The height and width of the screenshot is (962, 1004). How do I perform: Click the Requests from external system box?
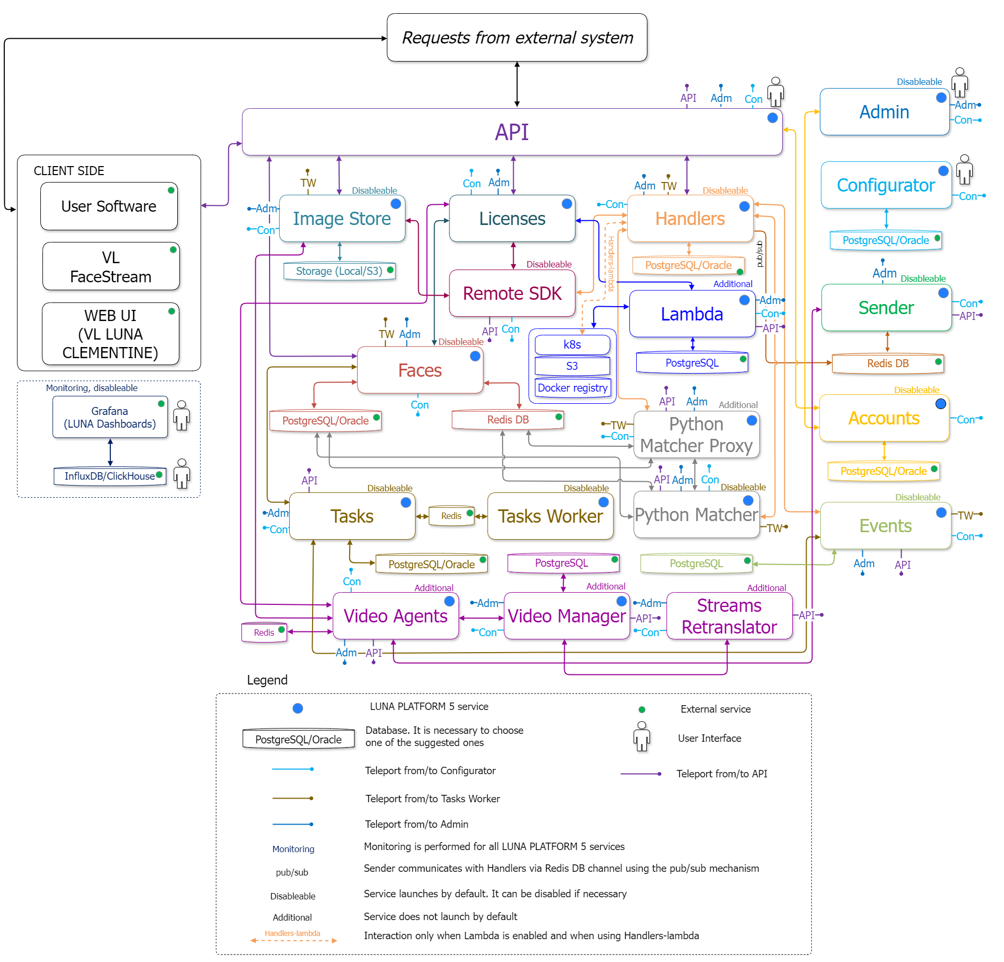point(517,38)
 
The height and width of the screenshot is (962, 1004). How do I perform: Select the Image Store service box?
point(342,219)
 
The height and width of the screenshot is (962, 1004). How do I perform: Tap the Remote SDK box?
point(512,293)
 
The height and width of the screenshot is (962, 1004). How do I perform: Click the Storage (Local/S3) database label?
point(339,271)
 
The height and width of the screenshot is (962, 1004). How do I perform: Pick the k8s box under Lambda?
point(572,345)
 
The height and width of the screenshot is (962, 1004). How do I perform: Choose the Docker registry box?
point(572,388)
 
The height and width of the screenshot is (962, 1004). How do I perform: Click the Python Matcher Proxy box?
point(696,435)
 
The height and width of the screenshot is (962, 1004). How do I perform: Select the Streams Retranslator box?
point(729,616)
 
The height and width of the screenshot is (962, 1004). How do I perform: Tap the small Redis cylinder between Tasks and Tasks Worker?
point(451,516)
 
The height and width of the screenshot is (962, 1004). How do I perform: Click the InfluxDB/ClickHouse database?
point(110,476)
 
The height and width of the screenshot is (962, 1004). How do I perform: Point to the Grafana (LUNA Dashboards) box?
point(110,417)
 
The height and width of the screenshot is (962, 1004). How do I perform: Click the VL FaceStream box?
point(111,267)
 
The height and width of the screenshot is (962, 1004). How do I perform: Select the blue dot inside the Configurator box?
point(943,171)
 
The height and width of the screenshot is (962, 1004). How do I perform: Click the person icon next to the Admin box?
point(959,82)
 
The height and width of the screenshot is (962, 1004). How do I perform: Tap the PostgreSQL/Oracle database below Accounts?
point(884,471)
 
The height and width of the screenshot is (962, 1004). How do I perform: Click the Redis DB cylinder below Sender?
point(888,363)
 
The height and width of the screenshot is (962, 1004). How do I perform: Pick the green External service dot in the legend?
point(642,709)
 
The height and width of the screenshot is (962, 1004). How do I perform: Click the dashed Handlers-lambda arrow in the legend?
point(293,940)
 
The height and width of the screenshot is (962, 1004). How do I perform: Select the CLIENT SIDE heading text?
point(69,171)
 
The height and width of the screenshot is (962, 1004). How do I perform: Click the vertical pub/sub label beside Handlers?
point(759,254)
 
